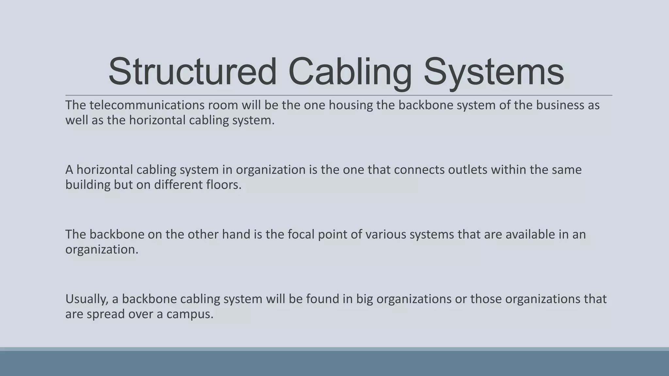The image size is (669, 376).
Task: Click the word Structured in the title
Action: (192, 71)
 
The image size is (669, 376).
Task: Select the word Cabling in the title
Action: (350, 71)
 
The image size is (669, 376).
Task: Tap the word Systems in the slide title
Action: (494, 71)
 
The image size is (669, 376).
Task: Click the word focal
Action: (301, 234)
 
